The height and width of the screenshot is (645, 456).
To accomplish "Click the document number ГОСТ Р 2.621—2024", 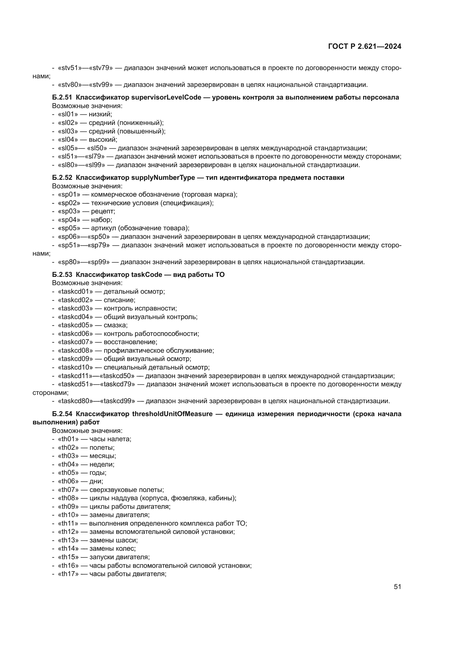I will [x=364, y=47].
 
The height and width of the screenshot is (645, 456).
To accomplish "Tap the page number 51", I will [x=397, y=587].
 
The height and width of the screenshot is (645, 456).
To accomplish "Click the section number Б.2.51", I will [x=62, y=97].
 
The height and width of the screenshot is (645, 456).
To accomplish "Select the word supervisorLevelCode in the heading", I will [x=166, y=97].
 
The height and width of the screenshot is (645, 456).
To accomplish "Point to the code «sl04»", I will [x=68, y=140].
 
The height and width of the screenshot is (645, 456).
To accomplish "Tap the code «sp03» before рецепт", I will [x=69, y=211].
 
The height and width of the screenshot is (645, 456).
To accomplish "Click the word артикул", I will [x=103, y=228].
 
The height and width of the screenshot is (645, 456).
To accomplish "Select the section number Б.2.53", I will [x=62, y=274].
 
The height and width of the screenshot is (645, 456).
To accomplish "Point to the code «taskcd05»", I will [x=75, y=325].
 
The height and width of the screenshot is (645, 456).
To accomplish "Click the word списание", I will [x=119, y=300].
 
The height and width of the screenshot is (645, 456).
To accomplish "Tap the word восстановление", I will [x=130, y=342].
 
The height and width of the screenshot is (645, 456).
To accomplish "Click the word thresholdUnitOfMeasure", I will [x=172, y=414].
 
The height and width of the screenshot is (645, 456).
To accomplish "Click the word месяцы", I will [x=103, y=456].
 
